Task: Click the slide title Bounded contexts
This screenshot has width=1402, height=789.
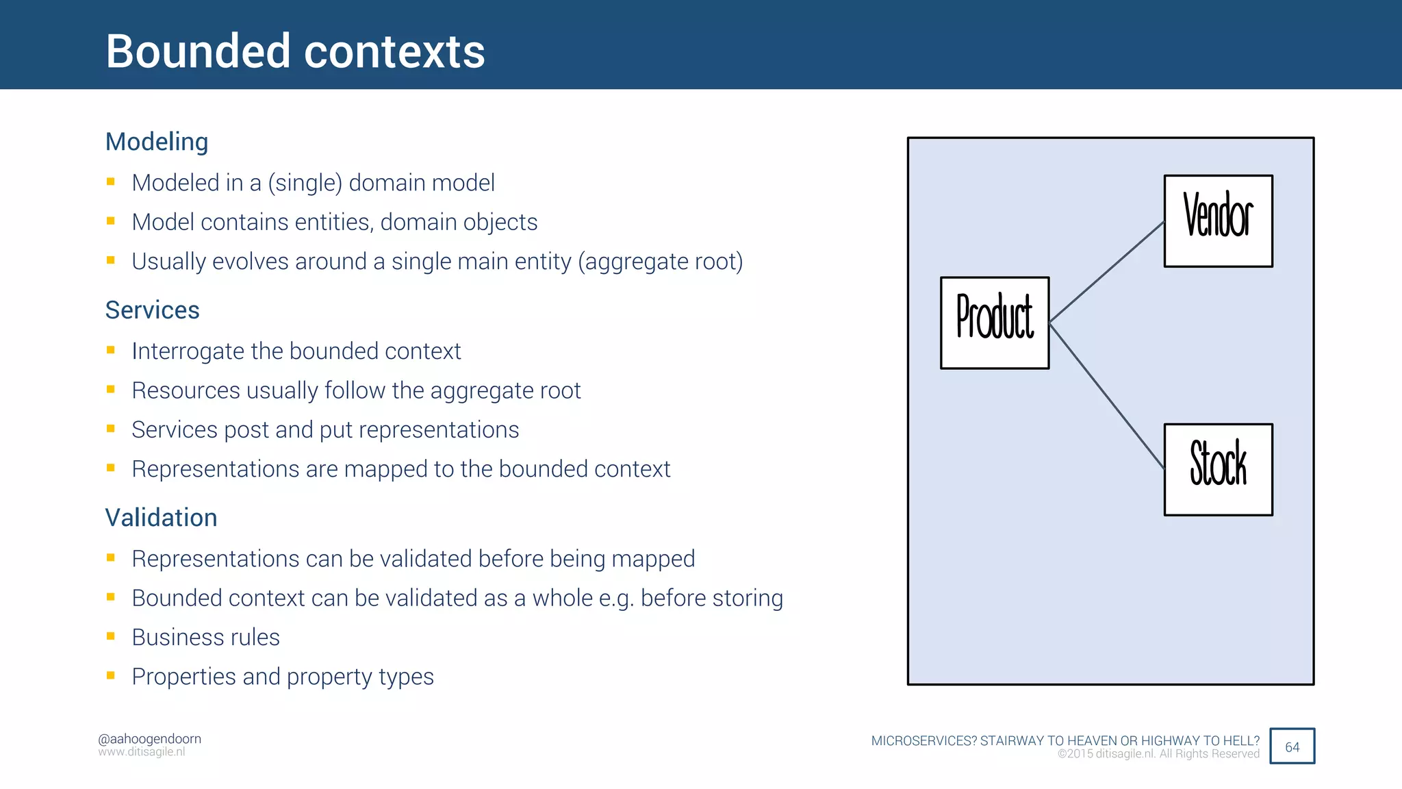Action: point(295,51)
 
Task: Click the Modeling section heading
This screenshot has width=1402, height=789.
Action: point(157,142)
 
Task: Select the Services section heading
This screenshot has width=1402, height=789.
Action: point(152,310)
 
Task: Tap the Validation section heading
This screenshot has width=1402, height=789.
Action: point(161,518)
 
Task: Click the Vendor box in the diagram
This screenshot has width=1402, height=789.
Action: point(1218,221)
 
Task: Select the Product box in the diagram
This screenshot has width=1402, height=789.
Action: point(994,323)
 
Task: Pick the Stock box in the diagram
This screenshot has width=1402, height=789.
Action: point(1218,469)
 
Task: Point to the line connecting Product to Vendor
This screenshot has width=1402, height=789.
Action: point(1106,272)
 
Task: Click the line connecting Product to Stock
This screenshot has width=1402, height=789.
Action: point(1106,396)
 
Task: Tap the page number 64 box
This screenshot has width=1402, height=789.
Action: point(1292,747)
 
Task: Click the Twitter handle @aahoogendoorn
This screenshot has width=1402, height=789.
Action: point(149,739)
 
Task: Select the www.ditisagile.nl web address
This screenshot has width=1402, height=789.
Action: point(142,752)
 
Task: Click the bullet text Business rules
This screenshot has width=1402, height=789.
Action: point(205,638)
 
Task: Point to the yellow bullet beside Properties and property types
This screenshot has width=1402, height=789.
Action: point(111,675)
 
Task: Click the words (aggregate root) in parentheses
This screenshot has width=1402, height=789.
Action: point(661,262)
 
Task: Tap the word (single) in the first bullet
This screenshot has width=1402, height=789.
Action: point(305,184)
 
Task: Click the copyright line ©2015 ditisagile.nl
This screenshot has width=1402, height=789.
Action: point(1158,754)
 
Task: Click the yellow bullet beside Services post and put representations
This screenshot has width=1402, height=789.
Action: point(111,429)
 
